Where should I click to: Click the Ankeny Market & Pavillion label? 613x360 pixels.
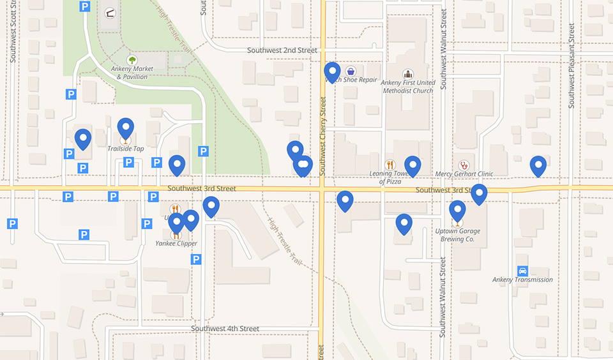point(132,73)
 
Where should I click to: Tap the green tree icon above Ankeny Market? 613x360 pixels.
point(132,60)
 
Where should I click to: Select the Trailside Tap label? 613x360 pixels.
point(125,149)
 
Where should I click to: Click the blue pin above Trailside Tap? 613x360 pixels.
point(125,128)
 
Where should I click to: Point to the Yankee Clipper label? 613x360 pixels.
point(176,243)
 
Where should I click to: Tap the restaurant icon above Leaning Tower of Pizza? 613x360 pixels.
point(390,165)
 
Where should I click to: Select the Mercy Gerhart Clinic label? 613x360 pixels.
point(464,174)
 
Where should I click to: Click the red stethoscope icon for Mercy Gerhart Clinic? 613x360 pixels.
point(464,165)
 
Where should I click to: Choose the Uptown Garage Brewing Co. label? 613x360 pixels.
point(457,235)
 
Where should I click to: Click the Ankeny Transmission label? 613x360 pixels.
point(522,280)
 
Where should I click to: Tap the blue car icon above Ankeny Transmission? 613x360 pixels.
point(522,271)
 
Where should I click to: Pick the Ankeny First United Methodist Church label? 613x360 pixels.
point(407,86)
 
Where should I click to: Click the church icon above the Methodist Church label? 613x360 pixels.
point(407,74)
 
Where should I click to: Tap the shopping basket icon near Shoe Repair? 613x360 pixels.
point(351,71)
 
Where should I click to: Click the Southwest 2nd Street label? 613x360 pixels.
point(282,50)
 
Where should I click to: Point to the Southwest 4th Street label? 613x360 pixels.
point(225,329)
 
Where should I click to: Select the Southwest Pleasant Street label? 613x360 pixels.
point(571,66)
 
